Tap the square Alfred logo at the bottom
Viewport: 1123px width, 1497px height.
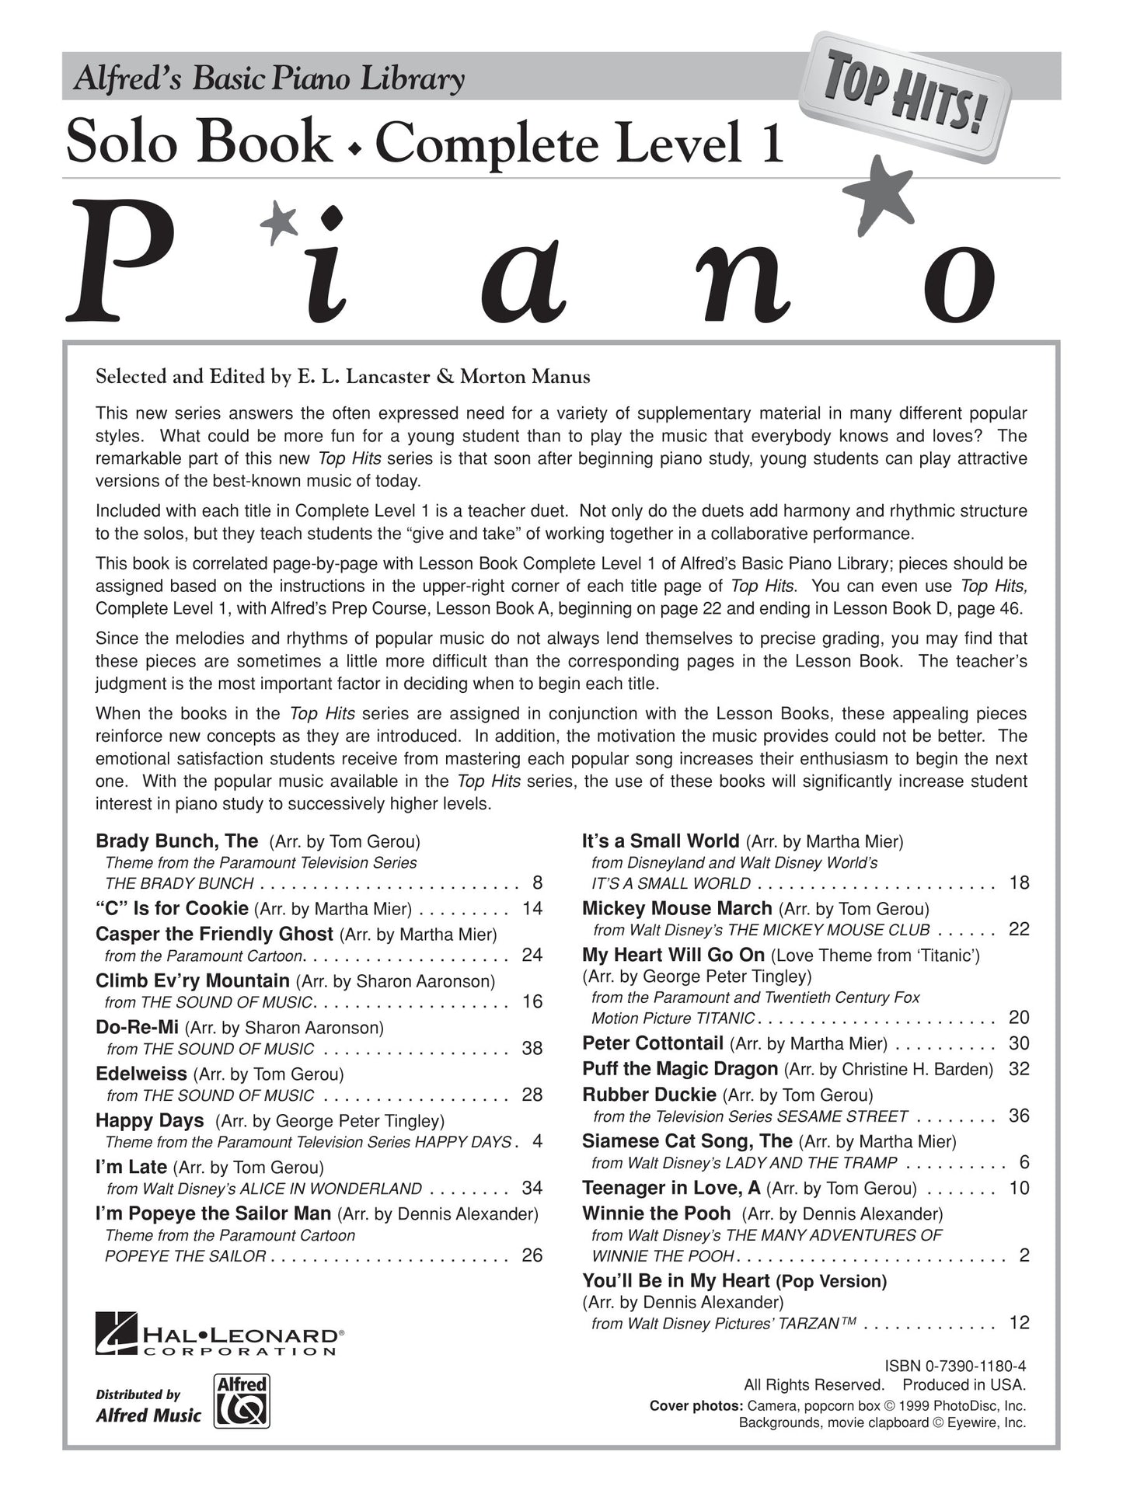click(242, 1401)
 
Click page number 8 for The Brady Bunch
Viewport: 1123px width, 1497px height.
click(537, 883)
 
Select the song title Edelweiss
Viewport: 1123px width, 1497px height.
click(141, 1074)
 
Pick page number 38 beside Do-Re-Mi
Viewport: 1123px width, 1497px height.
click(532, 1048)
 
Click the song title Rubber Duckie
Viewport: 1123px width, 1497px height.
click(649, 1095)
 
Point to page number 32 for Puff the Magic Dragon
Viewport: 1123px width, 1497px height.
click(1019, 1069)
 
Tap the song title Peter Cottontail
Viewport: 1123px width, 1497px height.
click(653, 1043)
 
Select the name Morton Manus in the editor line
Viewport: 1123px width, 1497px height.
click(525, 378)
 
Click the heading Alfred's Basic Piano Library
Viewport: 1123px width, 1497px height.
click(269, 79)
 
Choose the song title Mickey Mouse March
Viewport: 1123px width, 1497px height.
click(677, 908)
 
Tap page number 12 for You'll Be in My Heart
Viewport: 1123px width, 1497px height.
click(1019, 1323)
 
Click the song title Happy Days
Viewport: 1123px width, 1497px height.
click(150, 1120)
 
